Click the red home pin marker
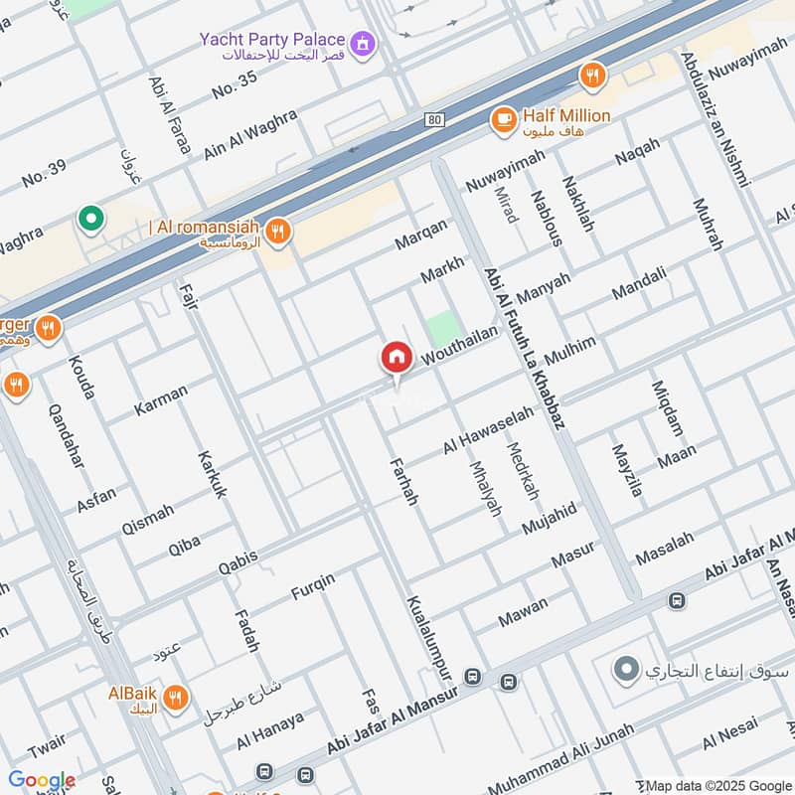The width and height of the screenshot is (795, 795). pos(397,358)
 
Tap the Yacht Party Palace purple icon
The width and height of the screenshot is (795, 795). pos(365,42)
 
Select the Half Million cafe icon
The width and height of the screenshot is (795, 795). pos(504,119)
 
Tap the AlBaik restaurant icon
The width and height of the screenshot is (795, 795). pos(175,698)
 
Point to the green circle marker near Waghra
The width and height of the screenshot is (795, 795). pos(90,218)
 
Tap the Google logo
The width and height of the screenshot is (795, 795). pos(42,780)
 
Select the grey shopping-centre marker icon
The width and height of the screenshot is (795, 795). pos(626,671)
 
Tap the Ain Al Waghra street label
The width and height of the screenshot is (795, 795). pos(250,135)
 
